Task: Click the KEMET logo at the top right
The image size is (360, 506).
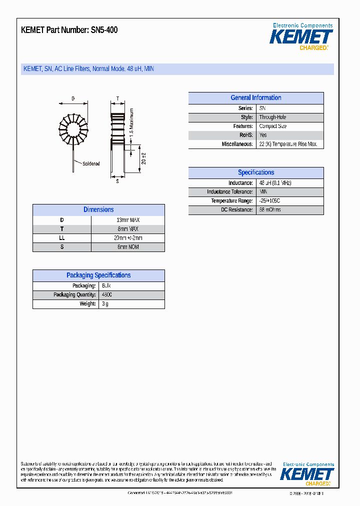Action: tap(301, 37)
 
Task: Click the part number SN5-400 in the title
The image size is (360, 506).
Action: tap(104, 30)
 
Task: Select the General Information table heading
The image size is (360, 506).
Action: tap(255, 98)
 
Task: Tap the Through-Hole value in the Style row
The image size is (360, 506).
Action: tap(272, 117)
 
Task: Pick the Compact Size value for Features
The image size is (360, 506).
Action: tap(272, 126)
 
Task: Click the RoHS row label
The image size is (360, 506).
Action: tap(245, 135)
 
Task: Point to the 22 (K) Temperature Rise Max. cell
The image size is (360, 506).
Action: tap(288, 144)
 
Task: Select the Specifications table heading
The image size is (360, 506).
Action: tap(255, 172)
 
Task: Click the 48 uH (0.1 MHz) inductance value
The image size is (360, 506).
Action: tap(274, 183)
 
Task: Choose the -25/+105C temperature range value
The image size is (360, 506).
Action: tap(272, 201)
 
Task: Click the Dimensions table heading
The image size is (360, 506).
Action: tap(98, 210)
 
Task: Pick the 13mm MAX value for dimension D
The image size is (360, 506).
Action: tap(127, 220)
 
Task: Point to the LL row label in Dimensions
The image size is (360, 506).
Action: tap(62, 238)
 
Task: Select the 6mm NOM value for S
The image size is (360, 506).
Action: tap(127, 247)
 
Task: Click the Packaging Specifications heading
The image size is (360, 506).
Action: tap(98, 275)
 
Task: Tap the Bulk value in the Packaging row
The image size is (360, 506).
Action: tap(106, 286)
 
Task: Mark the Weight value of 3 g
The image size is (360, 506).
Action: tap(105, 304)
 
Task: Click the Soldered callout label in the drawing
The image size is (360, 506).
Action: tap(91, 163)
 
